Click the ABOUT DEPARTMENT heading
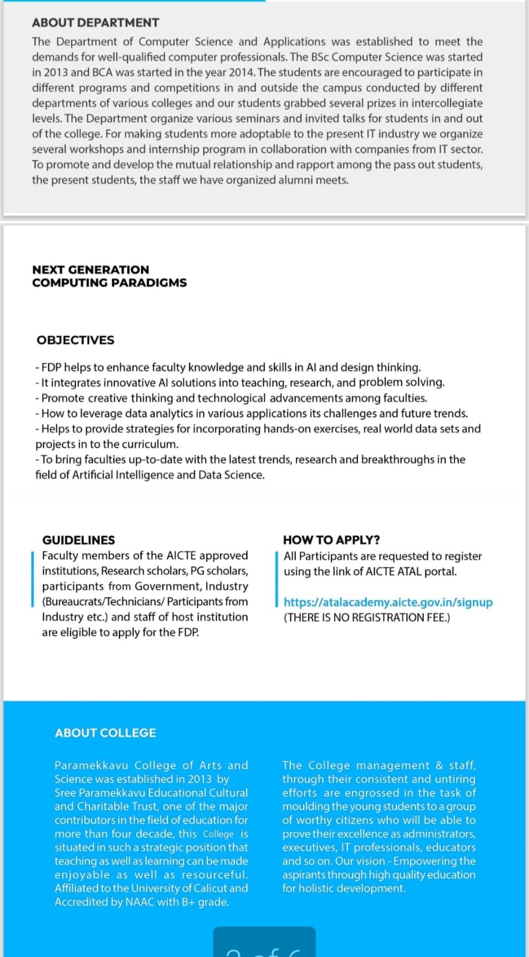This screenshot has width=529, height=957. [x=96, y=23]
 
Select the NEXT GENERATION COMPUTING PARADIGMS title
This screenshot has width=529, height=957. [x=109, y=276]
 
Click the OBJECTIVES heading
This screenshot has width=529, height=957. [x=75, y=340]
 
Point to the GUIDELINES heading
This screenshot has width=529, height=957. [x=78, y=540]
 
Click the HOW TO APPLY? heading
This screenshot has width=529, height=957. [x=331, y=540]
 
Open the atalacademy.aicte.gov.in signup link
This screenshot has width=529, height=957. [x=388, y=602]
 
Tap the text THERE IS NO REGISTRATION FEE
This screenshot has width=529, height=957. [x=367, y=617]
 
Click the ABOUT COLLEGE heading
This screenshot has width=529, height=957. [x=105, y=733]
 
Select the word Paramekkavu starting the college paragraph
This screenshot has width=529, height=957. [x=91, y=766]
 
